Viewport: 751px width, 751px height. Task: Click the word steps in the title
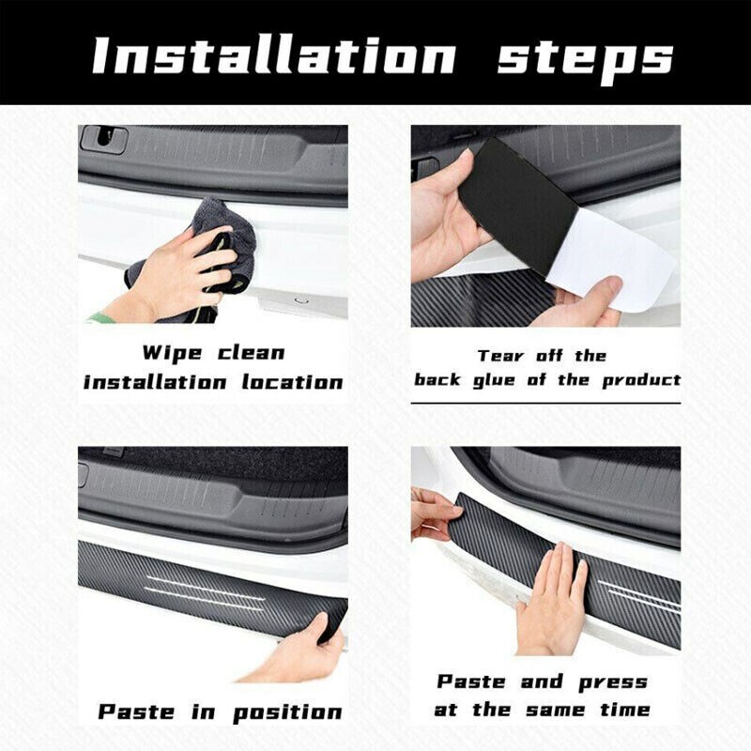(x=585, y=56)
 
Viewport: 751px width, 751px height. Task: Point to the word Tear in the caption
(x=500, y=356)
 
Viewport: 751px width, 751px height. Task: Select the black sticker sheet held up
(x=516, y=197)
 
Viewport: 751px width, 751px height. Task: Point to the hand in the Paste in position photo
(x=291, y=652)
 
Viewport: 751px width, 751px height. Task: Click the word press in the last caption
(x=615, y=682)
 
